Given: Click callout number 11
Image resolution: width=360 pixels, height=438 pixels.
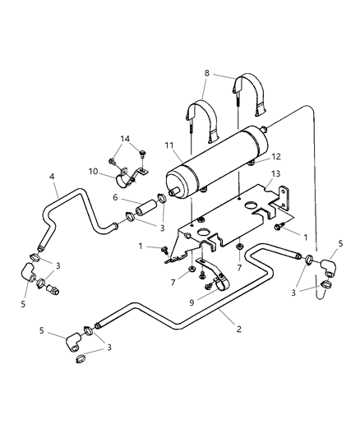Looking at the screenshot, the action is point(169,145).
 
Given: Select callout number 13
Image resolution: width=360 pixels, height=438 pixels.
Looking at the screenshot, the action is point(275,173).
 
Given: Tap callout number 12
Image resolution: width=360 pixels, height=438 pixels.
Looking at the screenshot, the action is point(276,157).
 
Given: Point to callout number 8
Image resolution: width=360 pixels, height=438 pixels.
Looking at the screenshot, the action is point(206,73).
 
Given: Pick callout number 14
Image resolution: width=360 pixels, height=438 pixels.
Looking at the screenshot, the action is point(126,139).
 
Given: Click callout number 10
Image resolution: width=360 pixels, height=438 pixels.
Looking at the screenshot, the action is point(93,171).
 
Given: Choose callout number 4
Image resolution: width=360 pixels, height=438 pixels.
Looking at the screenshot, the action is point(52,177).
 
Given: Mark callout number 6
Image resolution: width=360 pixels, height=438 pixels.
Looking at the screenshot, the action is point(115,197).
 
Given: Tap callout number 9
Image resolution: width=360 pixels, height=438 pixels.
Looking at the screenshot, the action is point(192,302).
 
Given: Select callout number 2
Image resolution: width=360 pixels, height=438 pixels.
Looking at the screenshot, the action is point(239,329).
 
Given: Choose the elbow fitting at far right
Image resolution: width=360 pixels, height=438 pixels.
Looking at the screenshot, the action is point(328,268).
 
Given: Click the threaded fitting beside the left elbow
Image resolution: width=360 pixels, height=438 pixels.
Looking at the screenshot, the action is point(53,289).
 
